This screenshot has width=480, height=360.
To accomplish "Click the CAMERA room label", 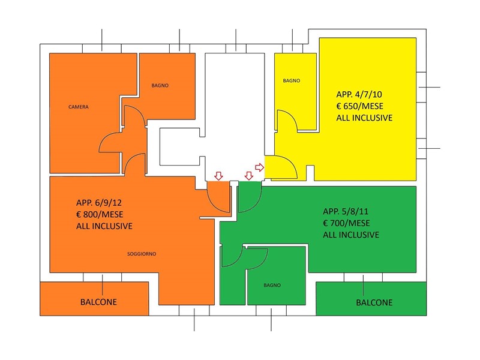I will [79, 107].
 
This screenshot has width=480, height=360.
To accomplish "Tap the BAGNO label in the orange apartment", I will [160, 86].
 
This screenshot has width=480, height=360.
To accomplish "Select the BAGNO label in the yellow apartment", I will [291, 80].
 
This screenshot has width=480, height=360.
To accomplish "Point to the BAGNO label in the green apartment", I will [272, 285].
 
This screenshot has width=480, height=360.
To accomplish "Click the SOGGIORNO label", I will [142, 254].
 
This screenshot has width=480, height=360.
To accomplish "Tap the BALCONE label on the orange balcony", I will [98, 302].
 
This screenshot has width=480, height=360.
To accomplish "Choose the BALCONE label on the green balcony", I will [374, 302].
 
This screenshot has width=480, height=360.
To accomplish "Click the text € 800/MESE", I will [101, 214].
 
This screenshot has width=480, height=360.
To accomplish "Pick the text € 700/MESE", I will [346, 223].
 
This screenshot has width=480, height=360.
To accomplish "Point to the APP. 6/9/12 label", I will [101, 202].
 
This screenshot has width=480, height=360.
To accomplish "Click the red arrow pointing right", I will [259, 167].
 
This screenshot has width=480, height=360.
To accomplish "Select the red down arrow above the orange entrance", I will [218, 176].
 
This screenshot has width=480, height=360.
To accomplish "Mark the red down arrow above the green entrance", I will [249, 176].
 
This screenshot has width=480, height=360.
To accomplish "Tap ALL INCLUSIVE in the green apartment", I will [351, 235].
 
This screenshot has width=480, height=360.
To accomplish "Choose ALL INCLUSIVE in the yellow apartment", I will [364, 118].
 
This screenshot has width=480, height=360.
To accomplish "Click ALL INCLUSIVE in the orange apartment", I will [104, 226].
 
